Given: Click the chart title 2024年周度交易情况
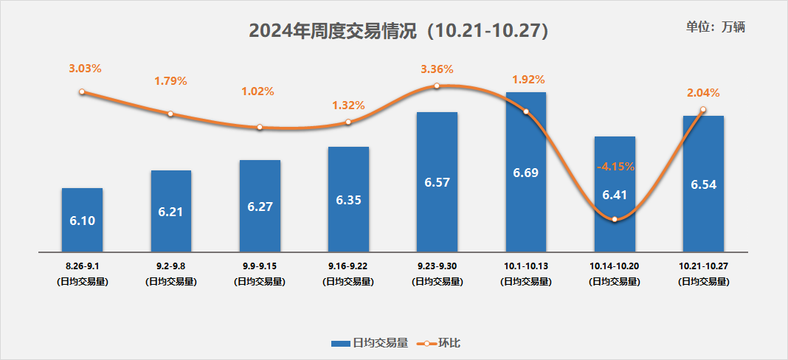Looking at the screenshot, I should (x=398, y=31).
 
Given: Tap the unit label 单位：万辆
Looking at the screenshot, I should (x=715, y=27).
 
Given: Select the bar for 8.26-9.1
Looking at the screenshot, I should (x=82, y=219).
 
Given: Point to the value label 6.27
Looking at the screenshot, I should (x=260, y=207).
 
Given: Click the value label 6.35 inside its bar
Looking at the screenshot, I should (x=348, y=200).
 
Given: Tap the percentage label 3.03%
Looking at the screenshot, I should (x=85, y=68).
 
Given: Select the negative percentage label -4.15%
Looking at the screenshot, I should (x=615, y=167).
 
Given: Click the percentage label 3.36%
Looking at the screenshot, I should (x=437, y=69).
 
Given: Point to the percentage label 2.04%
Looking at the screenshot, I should (x=702, y=93).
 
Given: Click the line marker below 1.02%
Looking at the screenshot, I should (x=260, y=128).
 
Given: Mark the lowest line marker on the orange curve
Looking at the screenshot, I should (x=614, y=219).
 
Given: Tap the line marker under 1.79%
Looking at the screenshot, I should (x=170, y=114).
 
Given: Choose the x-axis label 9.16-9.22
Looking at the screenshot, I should (x=348, y=264).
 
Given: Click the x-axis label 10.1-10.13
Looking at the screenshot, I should (x=525, y=264).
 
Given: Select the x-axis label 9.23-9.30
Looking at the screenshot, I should (x=437, y=264).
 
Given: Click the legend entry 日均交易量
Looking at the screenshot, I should (x=370, y=343).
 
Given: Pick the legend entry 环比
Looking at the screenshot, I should (x=443, y=343).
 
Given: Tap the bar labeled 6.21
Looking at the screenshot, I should (x=170, y=211).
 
